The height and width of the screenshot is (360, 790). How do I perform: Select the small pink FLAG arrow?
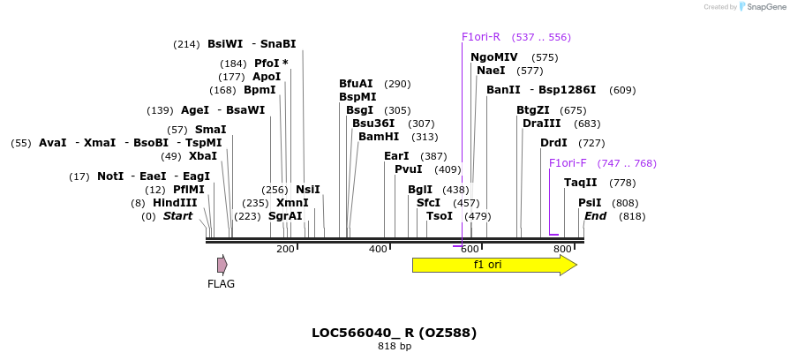(222, 265)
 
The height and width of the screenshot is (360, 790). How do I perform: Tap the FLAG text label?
(221, 284)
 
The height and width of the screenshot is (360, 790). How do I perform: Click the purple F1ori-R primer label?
(481, 37)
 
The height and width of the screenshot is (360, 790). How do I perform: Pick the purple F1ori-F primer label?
(568, 163)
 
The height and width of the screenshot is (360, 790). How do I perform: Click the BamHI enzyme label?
(379, 137)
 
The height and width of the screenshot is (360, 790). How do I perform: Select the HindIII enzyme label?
(175, 203)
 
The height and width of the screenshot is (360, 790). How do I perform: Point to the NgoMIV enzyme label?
(493, 57)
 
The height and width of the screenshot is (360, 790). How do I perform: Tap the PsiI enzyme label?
(590, 203)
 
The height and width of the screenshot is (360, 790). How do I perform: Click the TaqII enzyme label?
(580, 183)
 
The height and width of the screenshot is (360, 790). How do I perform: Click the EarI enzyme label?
(397, 156)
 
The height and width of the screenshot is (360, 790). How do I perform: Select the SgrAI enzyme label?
(285, 216)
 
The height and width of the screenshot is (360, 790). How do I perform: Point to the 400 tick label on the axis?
(378, 250)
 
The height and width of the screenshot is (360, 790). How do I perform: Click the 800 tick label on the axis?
(562, 250)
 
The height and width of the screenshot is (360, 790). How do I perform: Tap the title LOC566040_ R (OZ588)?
(394, 333)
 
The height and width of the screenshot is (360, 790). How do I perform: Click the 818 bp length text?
(394, 347)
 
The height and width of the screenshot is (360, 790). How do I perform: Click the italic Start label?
(177, 216)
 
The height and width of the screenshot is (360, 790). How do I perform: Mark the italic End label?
(595, 216)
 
